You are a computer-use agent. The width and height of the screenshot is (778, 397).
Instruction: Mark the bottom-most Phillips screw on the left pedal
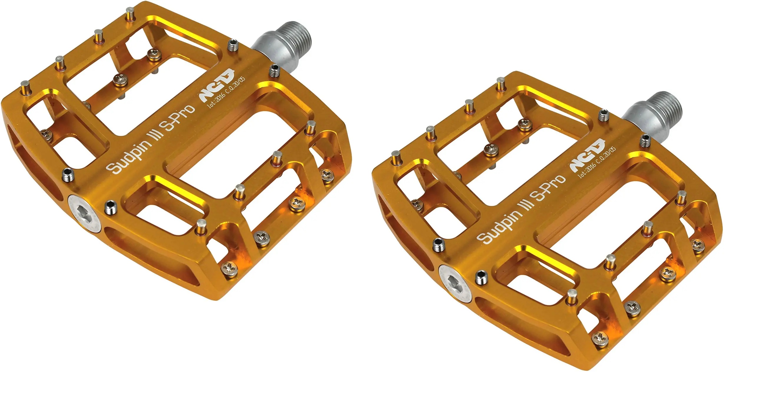(x=229, y=269)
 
